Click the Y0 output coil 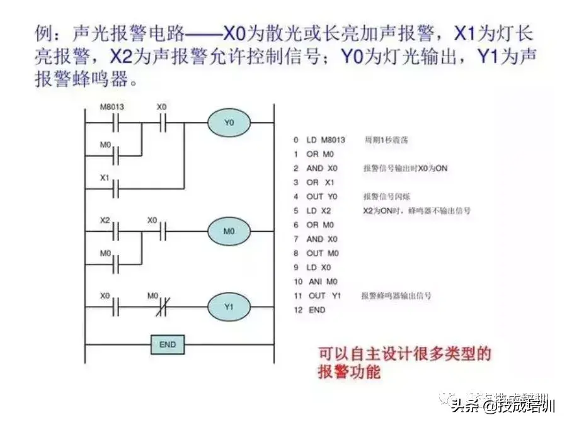(x=230, y=123)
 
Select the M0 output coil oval (x=229, y=231)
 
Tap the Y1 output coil (x=229, y=307)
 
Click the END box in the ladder (x=168, y=344)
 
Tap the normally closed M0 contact (x=161, y=307)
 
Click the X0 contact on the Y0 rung (x=161, y=123)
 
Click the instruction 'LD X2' (x=318, y=210)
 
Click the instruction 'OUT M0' (x=323, y=252)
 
